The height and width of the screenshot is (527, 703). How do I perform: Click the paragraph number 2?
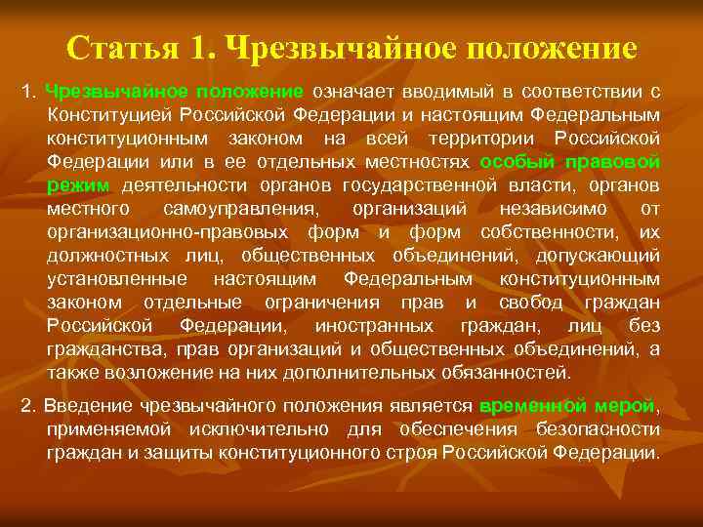pyautogui.click(x=26, y=406)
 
